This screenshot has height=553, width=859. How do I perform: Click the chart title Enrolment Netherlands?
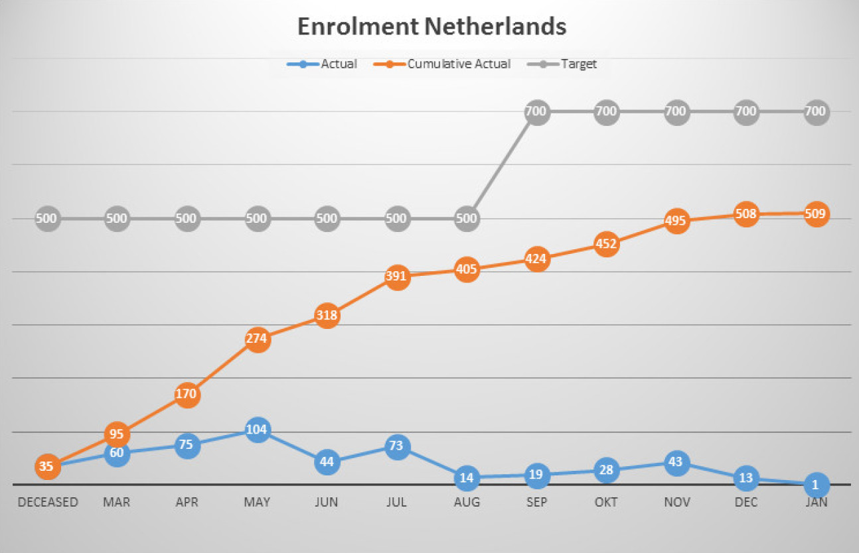pyautogui.click(x=431, y=27)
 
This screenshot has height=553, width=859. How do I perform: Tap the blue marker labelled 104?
pyautogui.click(x=257, y=430)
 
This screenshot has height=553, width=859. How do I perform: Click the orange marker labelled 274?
pyautogui.click(x=257, y=339)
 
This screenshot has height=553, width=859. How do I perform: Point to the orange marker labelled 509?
pyautogui.click(x=816, y=214)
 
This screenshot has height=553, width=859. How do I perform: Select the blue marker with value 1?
pyautogui.click(x=816, y=485)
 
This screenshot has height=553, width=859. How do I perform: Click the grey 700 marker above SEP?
pyautogui.click(x=536, y=111)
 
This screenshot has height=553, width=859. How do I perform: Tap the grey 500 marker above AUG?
pyautogui.click(x=467, y=218)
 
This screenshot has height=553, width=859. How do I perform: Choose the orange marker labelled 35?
pyautogui.click(x=46, y=466)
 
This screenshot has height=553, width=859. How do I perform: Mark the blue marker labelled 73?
pyautogui.click(x=396, y=446)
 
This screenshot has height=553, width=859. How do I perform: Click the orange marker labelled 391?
pyautogui.click(x=396, y=277)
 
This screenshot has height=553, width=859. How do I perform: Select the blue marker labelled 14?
pyautogui.click(x=467, y=477)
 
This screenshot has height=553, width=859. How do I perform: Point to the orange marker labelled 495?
pyautogui.click(x=676, y=221)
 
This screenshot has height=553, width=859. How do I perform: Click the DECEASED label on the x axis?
pyautogui.click(x=48, y=502)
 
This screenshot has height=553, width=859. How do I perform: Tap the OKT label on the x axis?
pyautogui.click(x=606, y=502)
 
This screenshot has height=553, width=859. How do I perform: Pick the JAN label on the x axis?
pyautogui.click(x=816, y=502)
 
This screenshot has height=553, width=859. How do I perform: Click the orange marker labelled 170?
pyautogui.click(x=187, y=395)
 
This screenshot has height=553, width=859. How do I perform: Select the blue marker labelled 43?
pyautogui.click(x=676, y=462)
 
